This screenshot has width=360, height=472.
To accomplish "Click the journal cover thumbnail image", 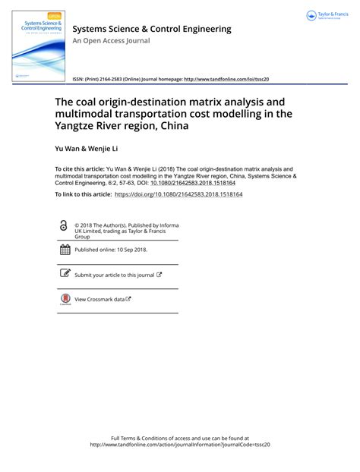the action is tap(38, 46).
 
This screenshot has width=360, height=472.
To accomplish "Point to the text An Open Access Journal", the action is tap(111, 41).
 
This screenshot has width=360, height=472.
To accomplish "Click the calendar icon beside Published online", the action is tap(65, 249).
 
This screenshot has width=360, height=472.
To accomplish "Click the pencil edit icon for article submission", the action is tap(65, 274).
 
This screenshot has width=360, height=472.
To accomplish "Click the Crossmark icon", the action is tap(65, 299).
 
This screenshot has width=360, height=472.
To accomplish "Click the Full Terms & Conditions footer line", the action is tap(179, 438).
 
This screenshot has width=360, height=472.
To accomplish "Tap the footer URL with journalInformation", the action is tap(180, 445).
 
